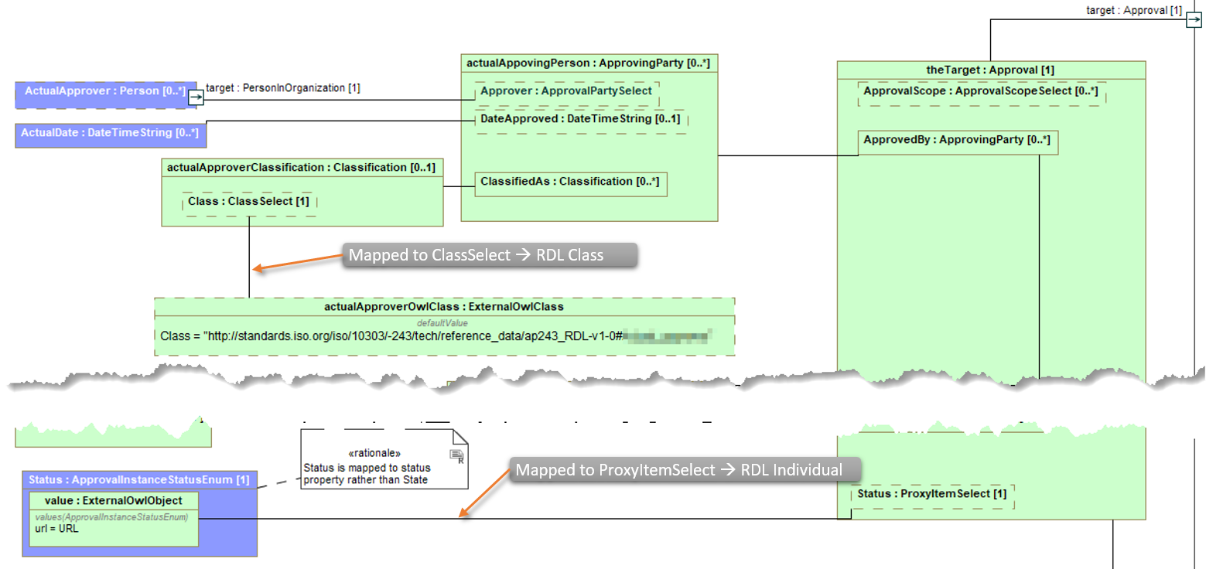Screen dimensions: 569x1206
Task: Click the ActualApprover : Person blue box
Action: click(104, 91)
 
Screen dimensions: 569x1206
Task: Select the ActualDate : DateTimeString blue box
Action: click(109, 133)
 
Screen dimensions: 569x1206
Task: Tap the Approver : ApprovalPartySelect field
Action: click(566, 91)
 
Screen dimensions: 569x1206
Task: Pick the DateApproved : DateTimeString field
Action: click(580, 119)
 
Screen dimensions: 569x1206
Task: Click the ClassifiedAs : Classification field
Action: click(569, 182)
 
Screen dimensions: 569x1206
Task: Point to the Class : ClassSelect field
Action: click(248, 202)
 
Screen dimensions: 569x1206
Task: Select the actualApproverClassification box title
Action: click(301, 167)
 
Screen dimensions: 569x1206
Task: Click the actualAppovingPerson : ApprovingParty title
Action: click(588, 63)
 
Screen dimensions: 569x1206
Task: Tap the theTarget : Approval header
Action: click(990, 70)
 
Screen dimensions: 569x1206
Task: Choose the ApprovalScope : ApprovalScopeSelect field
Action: click(980, 92)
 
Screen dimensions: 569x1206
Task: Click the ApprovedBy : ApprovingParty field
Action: click(957, 141)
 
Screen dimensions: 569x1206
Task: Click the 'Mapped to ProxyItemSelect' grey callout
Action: click(679, 470)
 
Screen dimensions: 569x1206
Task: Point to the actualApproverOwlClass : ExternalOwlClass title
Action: click(444, 307)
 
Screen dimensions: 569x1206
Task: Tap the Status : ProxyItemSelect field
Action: click(932, 494)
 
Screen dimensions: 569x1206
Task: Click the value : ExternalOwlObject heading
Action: click(114, 501)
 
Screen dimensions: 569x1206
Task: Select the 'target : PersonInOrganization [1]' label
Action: click(283, 88)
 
